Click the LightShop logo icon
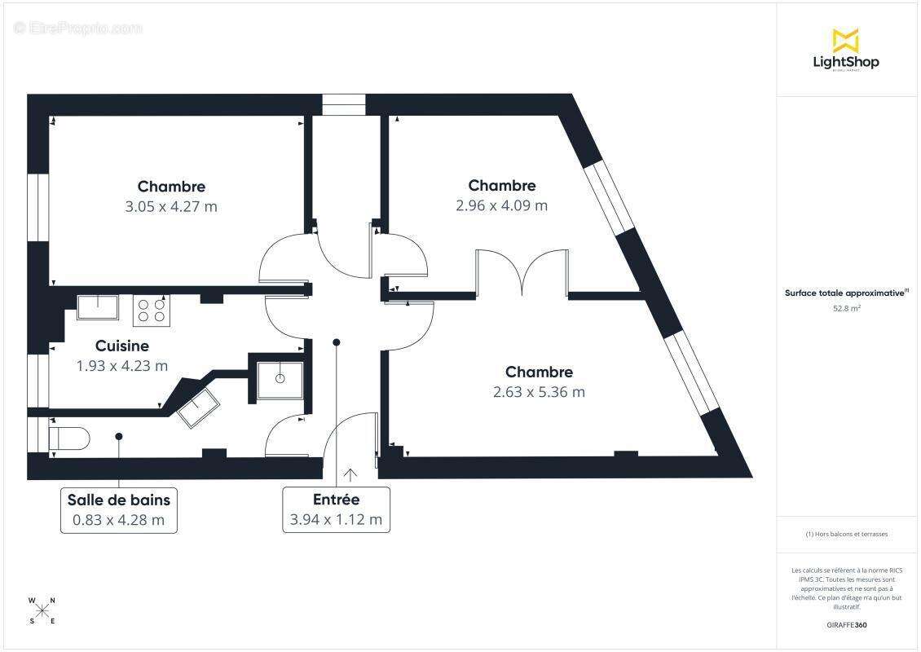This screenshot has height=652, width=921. [845, 40]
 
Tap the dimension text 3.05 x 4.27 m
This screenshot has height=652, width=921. [171, 206]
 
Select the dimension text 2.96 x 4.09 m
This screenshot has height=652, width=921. [501, 205]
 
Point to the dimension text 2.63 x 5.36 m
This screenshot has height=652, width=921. [539, 392]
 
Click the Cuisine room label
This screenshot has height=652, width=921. [121, 346]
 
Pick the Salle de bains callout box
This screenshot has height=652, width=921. [119, 510]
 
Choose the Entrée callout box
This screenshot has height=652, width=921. [336, 510]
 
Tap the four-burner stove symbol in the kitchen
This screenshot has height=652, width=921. [152, 311]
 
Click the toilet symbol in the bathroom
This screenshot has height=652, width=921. [68, 438]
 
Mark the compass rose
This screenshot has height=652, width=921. [42, 610]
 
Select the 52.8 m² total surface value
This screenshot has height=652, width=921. [846, 308]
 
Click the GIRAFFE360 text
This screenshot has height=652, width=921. [846, 625]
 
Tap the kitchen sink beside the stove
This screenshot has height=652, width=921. [99, 307]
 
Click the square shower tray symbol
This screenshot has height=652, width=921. [280, 379]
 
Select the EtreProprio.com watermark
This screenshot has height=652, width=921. [78, 29]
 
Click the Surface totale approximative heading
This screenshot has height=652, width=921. [845, 293]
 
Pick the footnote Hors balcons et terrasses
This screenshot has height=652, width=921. [846, 534]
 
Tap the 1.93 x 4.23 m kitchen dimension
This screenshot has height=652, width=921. [121, 366]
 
